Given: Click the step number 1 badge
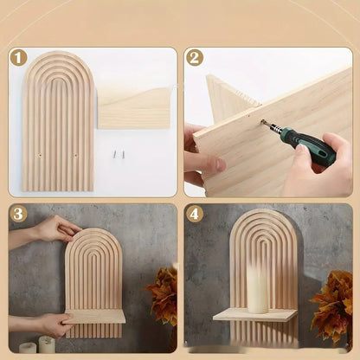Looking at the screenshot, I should (19, 59).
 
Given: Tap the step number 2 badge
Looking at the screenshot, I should (195, 59).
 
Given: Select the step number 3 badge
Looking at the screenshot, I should (19, 215).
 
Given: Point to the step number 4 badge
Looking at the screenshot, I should (195, 215).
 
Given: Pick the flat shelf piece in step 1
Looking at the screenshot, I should (134, 107).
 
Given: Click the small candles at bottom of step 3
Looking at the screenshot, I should (38, 345).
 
